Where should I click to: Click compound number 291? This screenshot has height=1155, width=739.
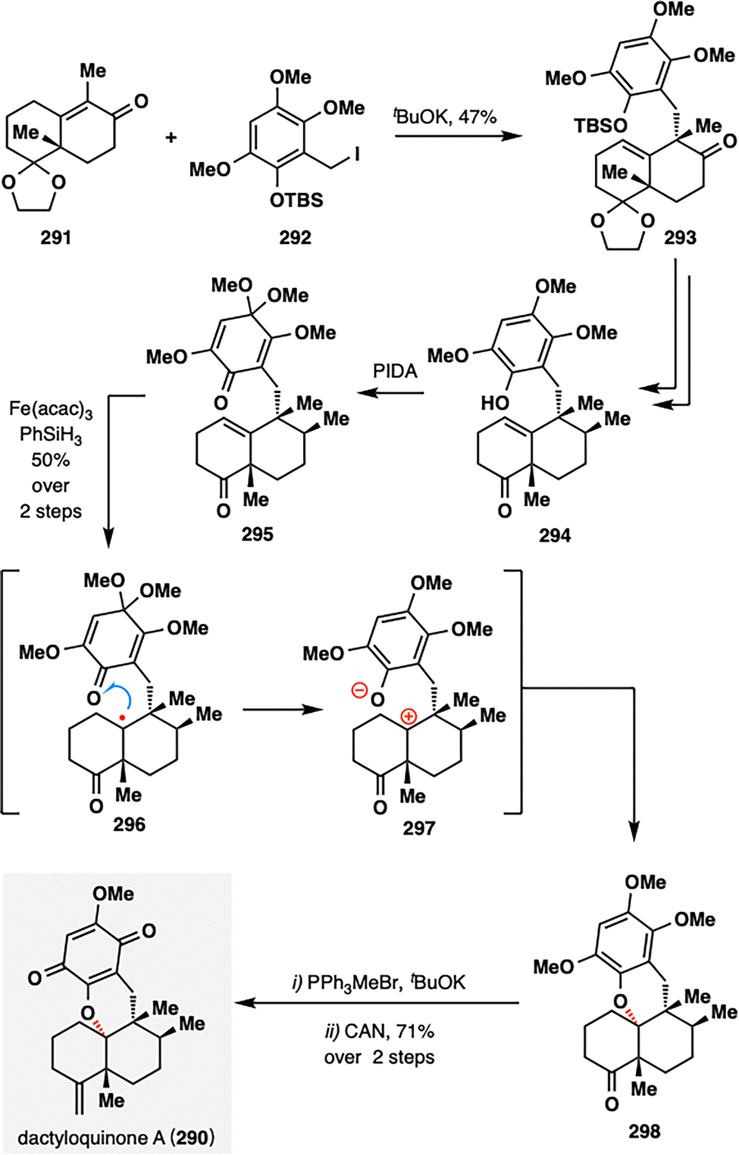click(56, 237)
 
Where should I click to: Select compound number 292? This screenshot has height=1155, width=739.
click(295, 237)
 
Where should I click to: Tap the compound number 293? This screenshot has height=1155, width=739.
click(680, 237)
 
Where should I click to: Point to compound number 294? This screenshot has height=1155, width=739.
click(555, 535)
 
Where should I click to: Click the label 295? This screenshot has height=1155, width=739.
click(257, 534)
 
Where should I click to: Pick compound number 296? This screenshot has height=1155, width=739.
click(129, 824)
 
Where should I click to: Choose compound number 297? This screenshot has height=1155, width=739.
click(418, 827)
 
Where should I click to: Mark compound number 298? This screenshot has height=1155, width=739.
click(643, 1131)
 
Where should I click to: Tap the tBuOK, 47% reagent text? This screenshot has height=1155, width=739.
click(445, 117)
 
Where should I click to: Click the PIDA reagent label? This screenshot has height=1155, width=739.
click(395, 371)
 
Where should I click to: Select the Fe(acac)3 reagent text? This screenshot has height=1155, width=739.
click(51, 410)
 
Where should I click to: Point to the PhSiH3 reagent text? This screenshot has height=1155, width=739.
click(51, 435)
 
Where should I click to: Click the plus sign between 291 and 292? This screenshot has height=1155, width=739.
click(171, 138)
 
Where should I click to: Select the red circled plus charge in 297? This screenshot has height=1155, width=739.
click(409, 716)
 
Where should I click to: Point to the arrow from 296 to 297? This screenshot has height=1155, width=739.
click(282, 710)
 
